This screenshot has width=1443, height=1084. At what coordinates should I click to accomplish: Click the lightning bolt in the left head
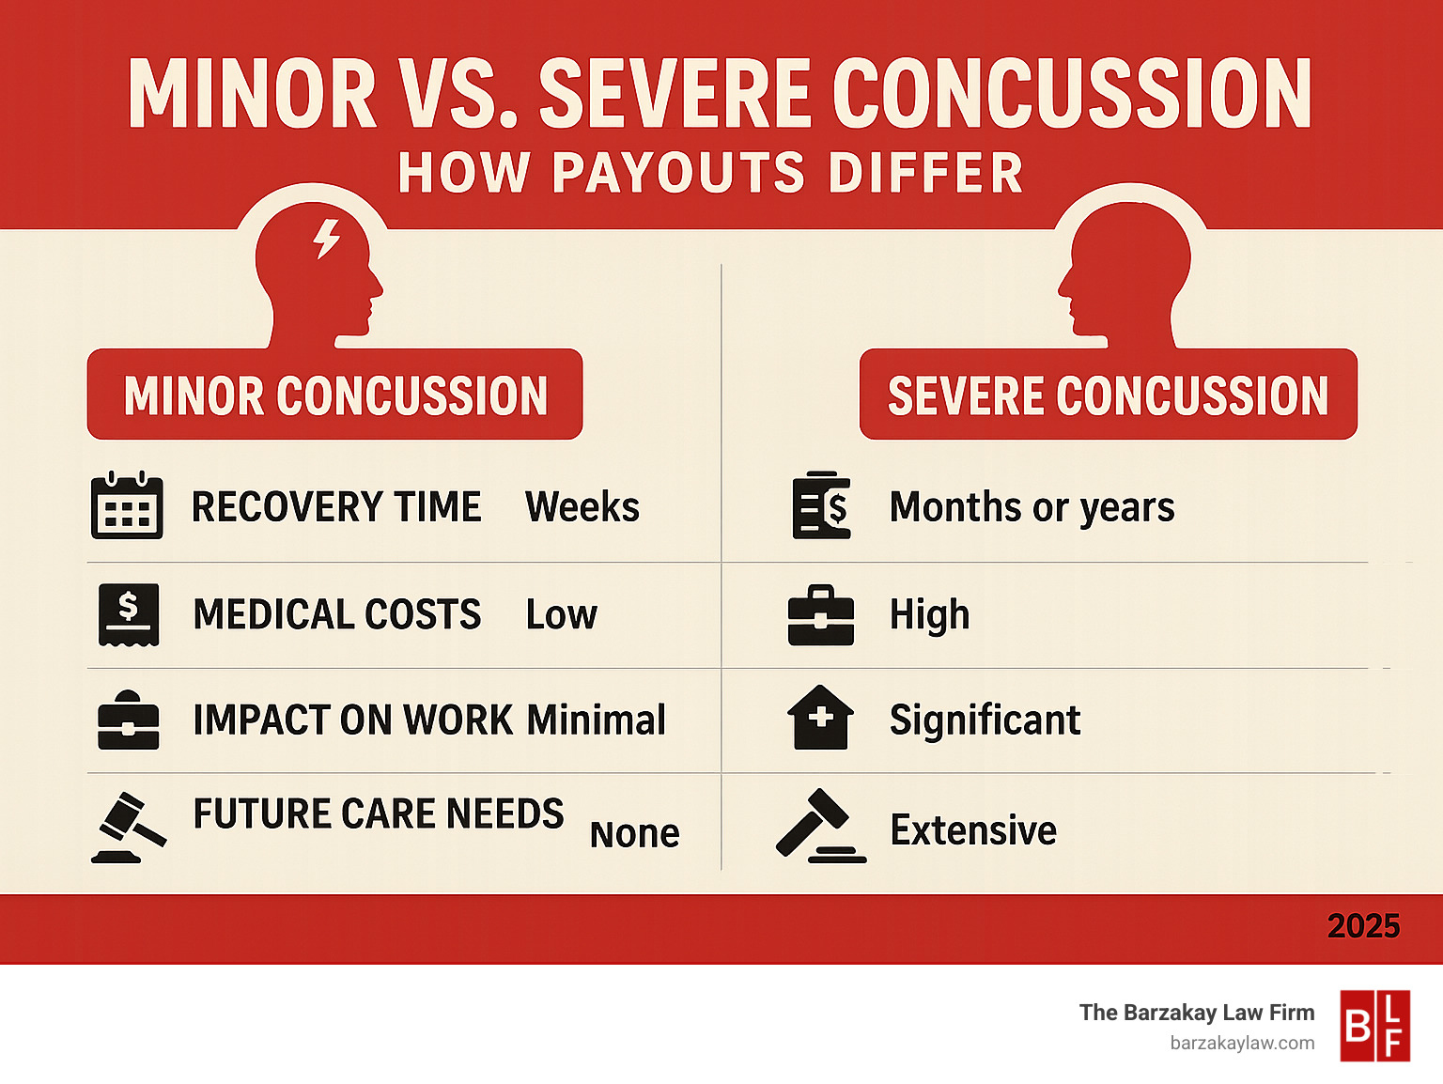326,239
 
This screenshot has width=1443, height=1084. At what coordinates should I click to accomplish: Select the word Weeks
582,507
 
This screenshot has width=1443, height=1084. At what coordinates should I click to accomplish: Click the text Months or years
1032,507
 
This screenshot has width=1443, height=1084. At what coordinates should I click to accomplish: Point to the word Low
561,615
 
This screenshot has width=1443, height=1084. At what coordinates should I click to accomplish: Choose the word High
929,615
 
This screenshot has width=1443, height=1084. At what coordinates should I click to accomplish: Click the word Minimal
596,720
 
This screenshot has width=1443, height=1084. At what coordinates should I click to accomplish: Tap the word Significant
985,720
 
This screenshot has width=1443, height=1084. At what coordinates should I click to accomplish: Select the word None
634,834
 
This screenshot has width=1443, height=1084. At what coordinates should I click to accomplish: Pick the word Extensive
973,830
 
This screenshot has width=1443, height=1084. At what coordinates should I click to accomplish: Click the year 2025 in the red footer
1363,927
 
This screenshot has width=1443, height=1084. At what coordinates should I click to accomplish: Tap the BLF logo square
1374,1026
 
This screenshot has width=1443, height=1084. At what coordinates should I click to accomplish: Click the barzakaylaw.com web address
1242,1043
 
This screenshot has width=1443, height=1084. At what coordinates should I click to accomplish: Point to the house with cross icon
820,718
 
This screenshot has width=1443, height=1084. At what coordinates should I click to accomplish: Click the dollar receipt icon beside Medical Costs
129,614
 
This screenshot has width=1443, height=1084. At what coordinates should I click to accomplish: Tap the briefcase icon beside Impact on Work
129,721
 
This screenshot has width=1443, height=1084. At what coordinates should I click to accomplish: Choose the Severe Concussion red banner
1108,395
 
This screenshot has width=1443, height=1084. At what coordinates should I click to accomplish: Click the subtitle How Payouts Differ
711,174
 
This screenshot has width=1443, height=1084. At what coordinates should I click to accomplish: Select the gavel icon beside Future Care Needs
128,828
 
